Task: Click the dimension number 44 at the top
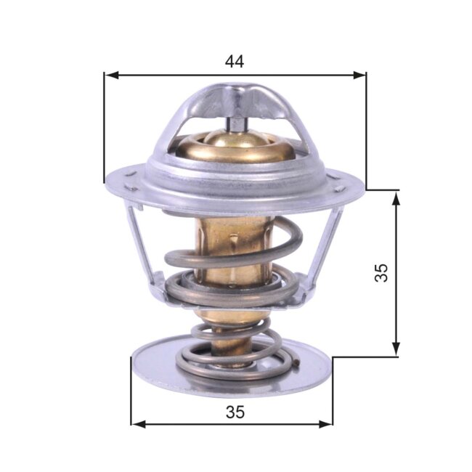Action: pos(234,61)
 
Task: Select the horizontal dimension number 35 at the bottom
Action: pos(234,412)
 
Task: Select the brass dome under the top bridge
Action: pos(236,145)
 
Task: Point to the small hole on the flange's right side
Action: pos(338,189)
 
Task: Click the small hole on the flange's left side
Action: pos(129,174)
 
